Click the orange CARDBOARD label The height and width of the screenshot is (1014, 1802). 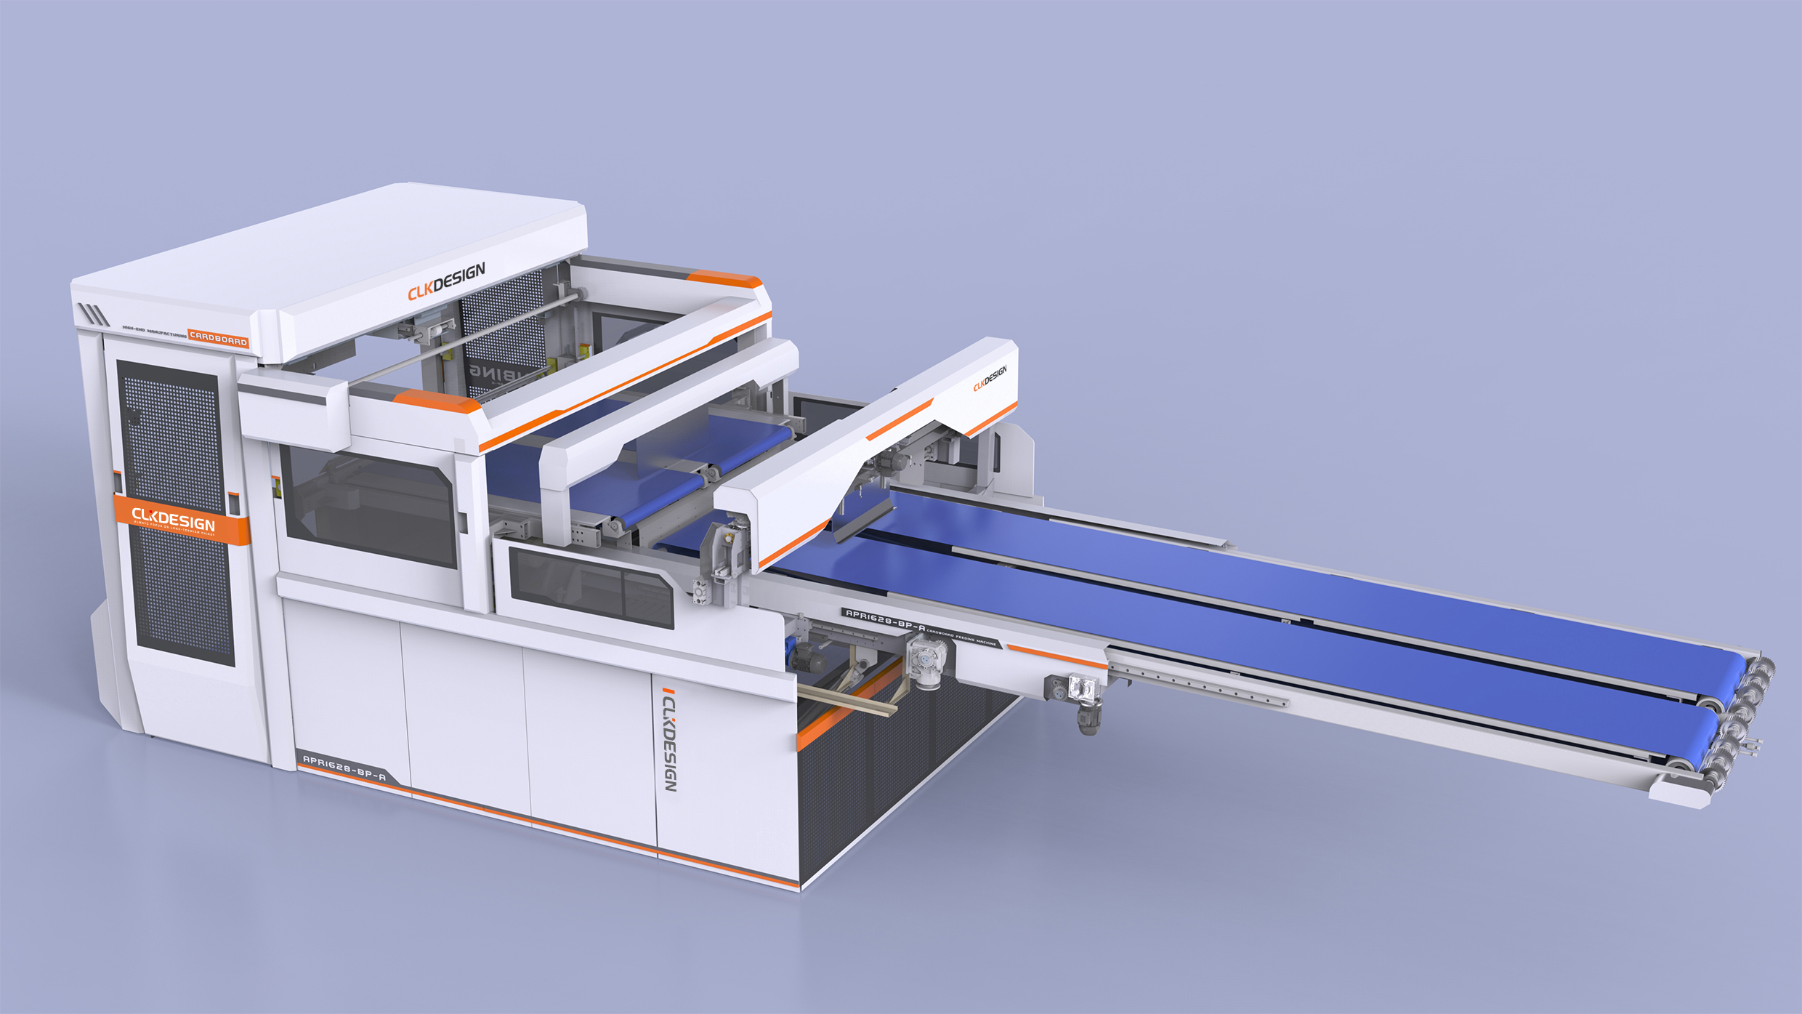219,339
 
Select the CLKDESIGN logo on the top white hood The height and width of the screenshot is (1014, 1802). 446,281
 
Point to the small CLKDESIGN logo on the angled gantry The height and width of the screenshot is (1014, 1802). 990,378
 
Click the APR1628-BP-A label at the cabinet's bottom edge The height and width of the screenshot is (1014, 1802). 344,768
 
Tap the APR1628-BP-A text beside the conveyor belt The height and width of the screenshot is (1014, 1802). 885,620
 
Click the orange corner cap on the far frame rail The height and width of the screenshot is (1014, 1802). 722,278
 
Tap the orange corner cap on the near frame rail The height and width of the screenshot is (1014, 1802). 436,401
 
